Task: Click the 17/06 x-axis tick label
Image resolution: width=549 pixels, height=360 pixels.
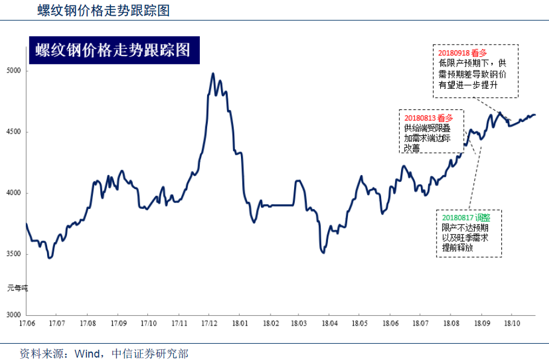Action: tap(26, 324)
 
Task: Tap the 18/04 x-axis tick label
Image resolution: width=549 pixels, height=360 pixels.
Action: tap(329, 324)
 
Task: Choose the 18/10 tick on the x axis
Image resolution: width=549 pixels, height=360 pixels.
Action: tap(512, 324)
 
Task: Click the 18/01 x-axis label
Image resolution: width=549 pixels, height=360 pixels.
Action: tap(240, 324)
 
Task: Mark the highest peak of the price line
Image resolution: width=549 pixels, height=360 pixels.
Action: tap(213, 74)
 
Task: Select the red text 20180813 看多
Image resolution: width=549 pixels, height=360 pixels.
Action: tap(428, 118)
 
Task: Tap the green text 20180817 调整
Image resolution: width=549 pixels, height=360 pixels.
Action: tap(466, 217)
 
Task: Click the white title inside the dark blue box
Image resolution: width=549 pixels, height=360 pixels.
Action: tap(112, 50)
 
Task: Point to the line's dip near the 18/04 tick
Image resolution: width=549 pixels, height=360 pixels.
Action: tap(324, 252)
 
